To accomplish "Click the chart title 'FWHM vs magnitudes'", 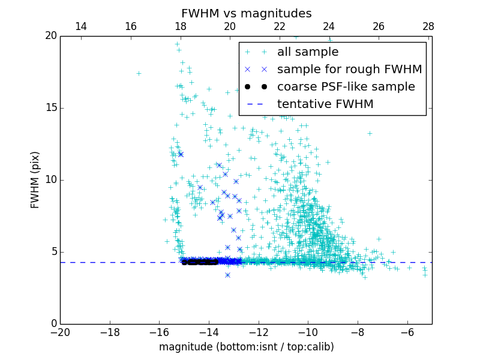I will coord(246,13).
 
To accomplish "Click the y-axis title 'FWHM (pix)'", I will coord(35,179).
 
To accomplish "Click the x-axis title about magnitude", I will coord(246,347).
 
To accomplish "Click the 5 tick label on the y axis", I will coord(53,252).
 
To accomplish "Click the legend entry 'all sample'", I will coord(308,52).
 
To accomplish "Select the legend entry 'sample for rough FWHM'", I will coord(349,69).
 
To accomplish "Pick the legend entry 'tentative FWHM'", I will coord(325,104).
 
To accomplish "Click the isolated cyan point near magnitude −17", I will coord(139,73).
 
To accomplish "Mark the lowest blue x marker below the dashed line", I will coord(227,275).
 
